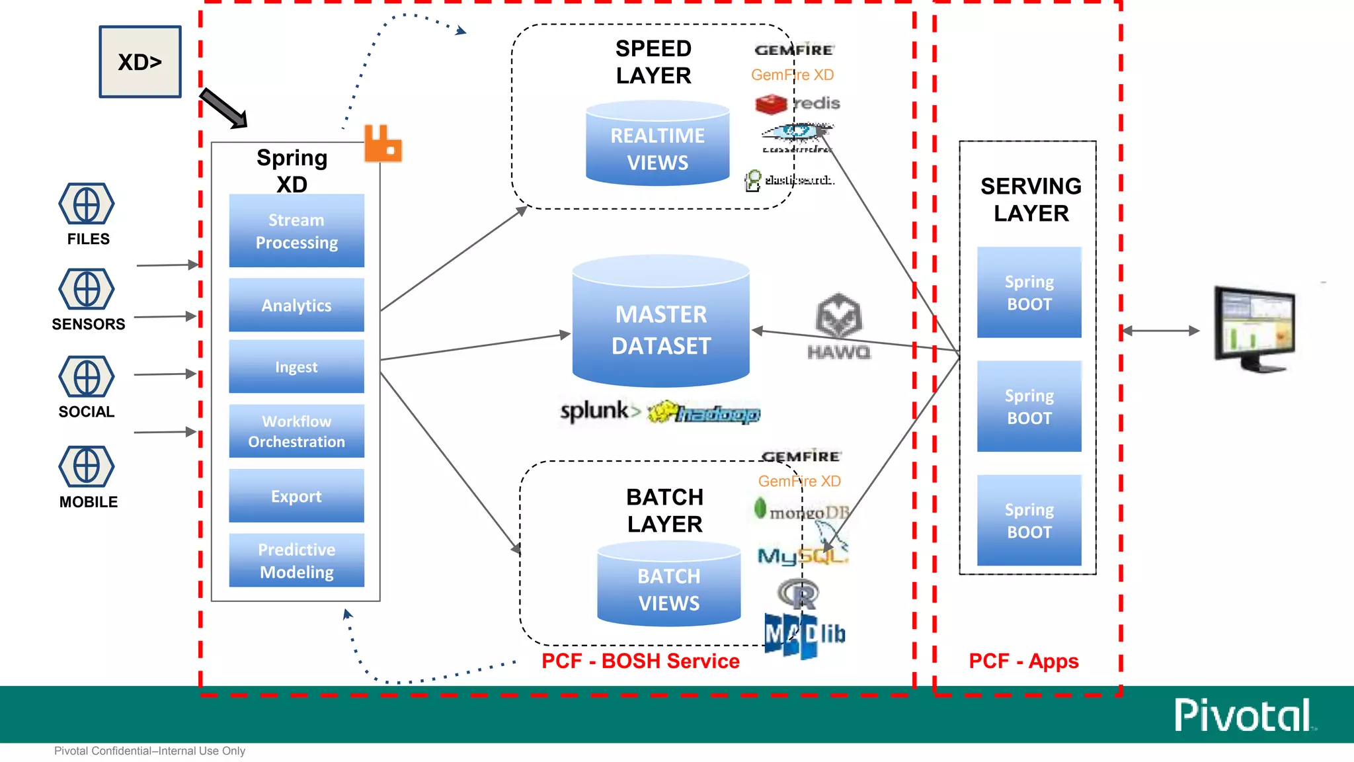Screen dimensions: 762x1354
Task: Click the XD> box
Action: (139, 62)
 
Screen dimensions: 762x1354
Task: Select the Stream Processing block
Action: (296, 231)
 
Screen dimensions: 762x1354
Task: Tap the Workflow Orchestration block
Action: (296, 431)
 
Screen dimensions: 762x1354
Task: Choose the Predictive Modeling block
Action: (296, 560)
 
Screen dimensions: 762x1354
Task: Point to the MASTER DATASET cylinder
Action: (660, 324)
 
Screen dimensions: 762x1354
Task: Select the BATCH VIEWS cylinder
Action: (668, 585)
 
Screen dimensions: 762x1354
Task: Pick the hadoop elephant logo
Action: (703, 413)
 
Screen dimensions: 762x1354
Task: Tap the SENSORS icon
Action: (87, 289)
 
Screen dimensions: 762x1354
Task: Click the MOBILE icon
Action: (87, 466)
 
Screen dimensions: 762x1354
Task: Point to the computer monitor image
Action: (1254, 329)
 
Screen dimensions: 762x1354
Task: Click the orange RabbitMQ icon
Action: (382, 144)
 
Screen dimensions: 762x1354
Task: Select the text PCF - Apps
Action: (1023, 661)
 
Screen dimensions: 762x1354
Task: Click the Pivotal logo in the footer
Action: (1244, 715)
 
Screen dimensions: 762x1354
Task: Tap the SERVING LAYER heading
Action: (1030, 200)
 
